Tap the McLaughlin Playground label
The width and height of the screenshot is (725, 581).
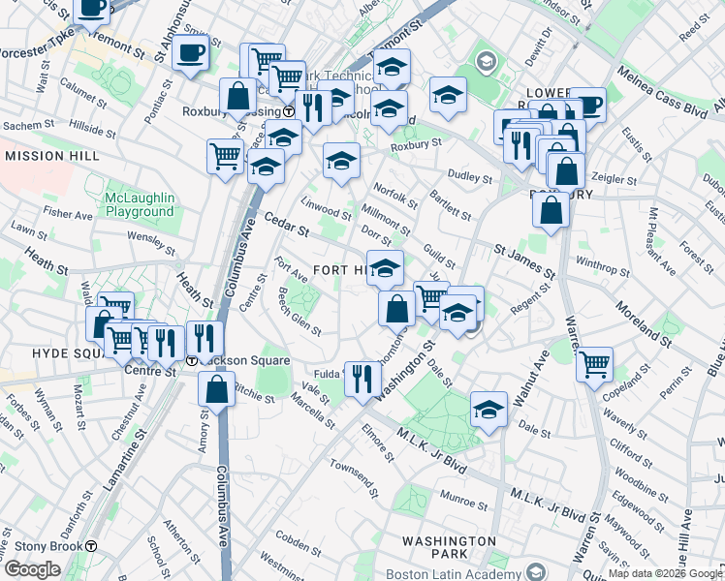(x=140, y=204)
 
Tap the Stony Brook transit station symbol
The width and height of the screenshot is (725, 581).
(x=91, y=545)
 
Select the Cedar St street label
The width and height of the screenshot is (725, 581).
(x=286, y=229)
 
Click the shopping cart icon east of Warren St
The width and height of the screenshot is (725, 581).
(x=594, y=364)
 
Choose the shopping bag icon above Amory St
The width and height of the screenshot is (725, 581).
(x=217, y=389)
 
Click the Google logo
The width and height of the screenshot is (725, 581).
(x=32, y=570)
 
